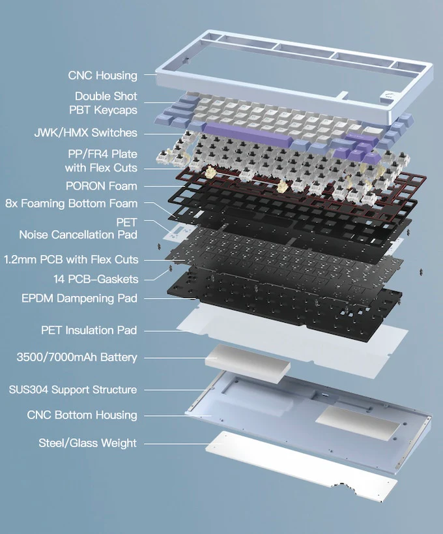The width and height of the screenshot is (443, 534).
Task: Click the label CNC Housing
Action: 102,76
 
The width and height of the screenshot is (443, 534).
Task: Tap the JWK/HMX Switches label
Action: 85,132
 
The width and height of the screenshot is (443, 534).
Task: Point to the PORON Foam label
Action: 102,186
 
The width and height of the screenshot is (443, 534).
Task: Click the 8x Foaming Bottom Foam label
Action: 71,203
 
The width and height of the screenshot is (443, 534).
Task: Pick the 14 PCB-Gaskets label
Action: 95,279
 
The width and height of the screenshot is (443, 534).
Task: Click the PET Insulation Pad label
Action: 89,330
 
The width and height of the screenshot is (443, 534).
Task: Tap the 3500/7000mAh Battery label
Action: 76,357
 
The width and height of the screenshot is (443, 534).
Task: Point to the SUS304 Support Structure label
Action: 72,390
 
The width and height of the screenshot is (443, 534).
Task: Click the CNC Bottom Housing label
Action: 82,415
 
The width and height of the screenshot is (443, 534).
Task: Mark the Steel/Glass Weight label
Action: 87,443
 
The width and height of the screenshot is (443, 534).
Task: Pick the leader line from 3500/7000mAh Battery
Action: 175,357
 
